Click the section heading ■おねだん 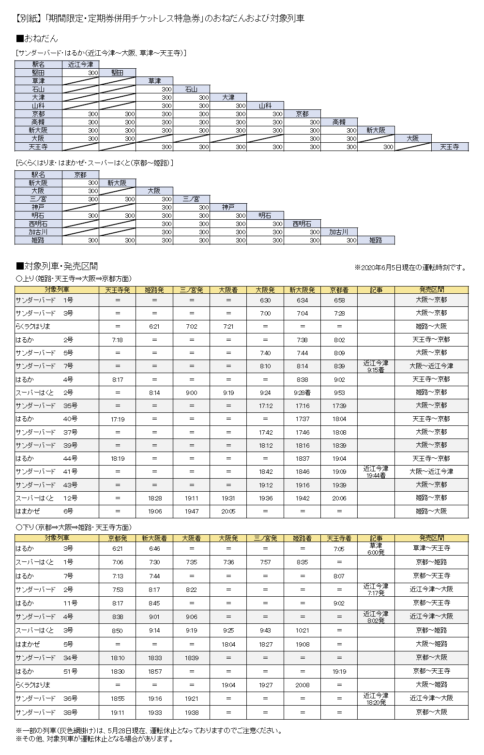[x=37, y=38]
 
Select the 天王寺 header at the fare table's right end [x=450, y=147]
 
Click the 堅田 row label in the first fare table [x=38, y=73]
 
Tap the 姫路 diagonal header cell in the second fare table [x=376, y=240]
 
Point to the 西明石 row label [x=38, y=224]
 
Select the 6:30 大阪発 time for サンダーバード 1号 [x=265, y=300]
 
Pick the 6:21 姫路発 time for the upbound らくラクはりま [x=154, y=327]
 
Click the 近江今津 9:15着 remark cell [x=376, y=366]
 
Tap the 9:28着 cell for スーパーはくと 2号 [x=302, y=393]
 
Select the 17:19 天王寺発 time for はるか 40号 [x=118, y=419]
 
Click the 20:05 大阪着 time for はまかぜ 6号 [x=228, y=511]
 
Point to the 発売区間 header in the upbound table [x=431, y=290]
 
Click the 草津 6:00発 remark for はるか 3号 [x=376, y=549]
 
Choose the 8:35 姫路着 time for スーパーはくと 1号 [x=302, y=562]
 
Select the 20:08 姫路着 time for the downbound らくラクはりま [x=302, y=685]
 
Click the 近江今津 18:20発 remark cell [x=376, y=699]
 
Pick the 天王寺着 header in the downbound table [x=339, y=538]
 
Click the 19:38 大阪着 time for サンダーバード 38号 [x=192, y=712]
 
